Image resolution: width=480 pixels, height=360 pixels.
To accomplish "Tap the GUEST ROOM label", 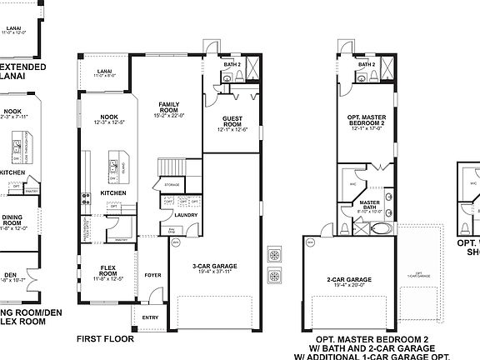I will click(x=232, y=121).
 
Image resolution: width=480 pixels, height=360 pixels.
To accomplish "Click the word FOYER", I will click(x=152, y=274).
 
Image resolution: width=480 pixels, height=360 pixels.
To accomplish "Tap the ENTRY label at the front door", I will click(x=149, y=317).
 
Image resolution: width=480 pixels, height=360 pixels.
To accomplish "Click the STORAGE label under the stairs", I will click(x=172, y=184).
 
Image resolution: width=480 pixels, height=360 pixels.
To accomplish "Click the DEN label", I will click(x=10, y=273).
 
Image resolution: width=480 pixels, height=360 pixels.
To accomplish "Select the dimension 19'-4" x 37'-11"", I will click(x=208, y=272).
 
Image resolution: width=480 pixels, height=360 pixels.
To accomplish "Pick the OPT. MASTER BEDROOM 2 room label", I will click(x=366, y=121).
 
